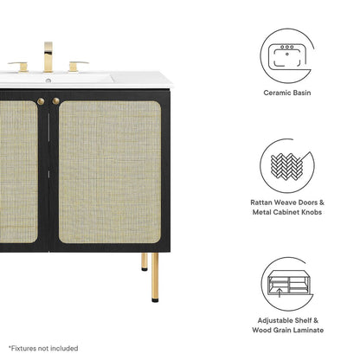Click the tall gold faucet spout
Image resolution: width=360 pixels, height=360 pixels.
click(48, 57)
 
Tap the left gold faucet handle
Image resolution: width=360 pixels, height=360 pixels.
click(20, 66)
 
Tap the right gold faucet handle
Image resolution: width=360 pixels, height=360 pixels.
click(76, 66)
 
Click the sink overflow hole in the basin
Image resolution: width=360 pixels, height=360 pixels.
click(48, 80)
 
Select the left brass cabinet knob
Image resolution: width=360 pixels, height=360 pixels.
click(41, 101)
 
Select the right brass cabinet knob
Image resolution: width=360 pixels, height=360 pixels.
click(56, 101)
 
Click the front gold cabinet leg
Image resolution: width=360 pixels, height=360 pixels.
click(155, 277)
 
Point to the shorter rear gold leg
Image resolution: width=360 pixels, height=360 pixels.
click(145, 261)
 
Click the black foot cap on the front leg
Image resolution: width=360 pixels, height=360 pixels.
click(155, 300)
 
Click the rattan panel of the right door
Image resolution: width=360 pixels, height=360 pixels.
click(110, 172)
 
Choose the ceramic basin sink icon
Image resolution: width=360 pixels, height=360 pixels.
click(286, 56)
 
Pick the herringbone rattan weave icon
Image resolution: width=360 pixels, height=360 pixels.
click(286, 166)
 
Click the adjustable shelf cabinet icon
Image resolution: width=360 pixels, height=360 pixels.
click(287, 284)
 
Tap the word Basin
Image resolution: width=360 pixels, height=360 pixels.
click(302, 93)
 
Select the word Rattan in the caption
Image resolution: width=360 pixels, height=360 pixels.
click(261, 202)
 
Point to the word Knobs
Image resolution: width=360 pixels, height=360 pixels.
click(312, 212)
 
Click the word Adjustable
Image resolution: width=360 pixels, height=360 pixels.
click(274, 320)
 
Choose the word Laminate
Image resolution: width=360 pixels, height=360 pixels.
click(310, 330)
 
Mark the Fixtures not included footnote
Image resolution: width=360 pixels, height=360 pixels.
click(43, 349)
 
